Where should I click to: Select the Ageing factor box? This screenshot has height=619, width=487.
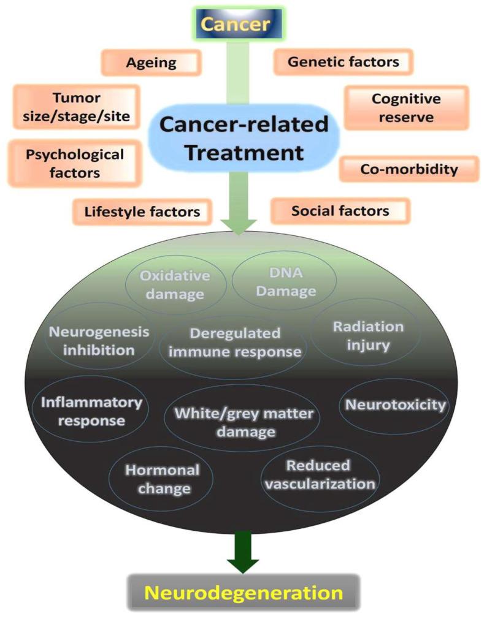[151, 63]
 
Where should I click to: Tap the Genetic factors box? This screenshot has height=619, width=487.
[343, 62]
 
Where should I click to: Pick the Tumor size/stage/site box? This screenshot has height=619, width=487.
[75, 107]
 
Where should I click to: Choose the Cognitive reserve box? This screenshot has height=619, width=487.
[406, 107]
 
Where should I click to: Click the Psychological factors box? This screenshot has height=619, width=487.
[75, 162]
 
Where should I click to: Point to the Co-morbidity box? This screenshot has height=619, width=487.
[408, 169]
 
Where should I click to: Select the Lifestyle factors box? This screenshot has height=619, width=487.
[142, 212]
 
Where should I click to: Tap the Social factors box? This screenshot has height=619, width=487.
[340, 211]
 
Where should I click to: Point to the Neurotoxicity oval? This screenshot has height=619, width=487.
[396, 405]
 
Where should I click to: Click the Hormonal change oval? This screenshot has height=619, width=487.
[162, 479]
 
